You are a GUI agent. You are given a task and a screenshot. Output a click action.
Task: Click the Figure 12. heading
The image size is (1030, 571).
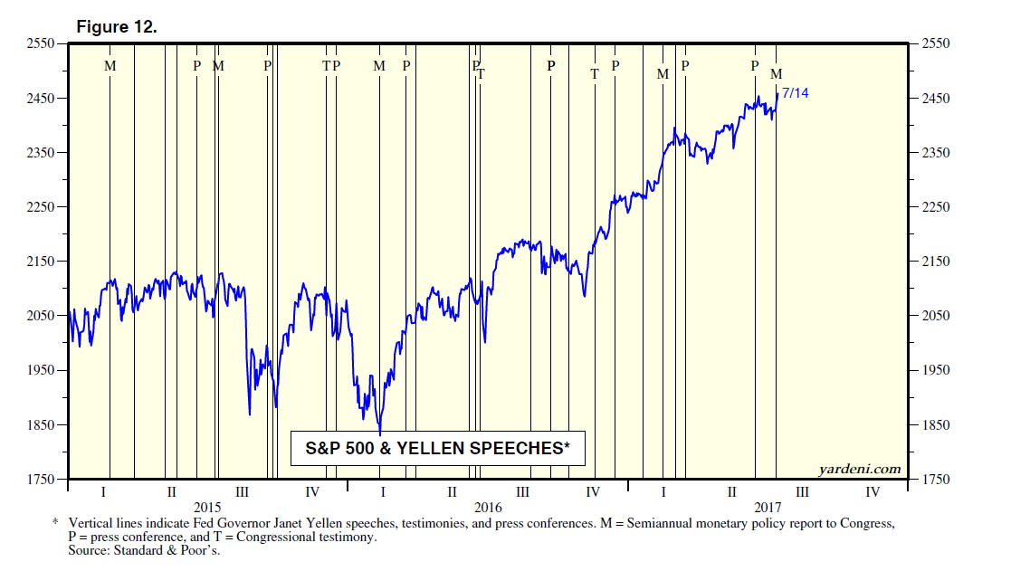[x=116, y=27]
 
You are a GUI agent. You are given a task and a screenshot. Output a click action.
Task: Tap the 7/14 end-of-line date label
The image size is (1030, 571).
[x=795, y=93]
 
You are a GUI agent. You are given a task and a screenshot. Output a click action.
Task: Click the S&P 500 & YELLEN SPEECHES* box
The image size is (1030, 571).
[x=437, y=448]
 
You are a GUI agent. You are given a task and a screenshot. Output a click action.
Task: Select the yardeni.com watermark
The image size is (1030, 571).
[x=860, y=469]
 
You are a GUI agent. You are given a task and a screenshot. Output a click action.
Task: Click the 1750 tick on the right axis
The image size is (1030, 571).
[x=936, y=480]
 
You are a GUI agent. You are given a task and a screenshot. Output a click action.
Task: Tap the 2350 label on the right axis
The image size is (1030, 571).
[x=936, y=153]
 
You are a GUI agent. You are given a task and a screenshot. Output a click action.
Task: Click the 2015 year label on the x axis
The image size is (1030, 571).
[x=207, y=508]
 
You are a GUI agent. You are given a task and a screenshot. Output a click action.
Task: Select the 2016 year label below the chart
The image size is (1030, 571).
[x=487, y=508]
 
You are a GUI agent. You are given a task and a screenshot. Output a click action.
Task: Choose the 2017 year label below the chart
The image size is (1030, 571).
[x=768, y=508]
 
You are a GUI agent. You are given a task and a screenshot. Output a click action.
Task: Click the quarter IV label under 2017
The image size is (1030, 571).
[x=873, y=492]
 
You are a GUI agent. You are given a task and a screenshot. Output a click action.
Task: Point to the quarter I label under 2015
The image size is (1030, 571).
[x=103, y=492]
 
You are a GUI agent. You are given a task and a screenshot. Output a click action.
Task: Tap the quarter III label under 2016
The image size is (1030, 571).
[x=522, y=492]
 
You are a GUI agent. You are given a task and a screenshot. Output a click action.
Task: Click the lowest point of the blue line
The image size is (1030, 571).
[x=380, y=433]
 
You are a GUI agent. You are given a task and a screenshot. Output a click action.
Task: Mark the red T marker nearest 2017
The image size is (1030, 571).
[x=595, y=74]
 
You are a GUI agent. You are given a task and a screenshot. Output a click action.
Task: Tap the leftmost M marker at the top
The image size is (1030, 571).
[x=110, y=66]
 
